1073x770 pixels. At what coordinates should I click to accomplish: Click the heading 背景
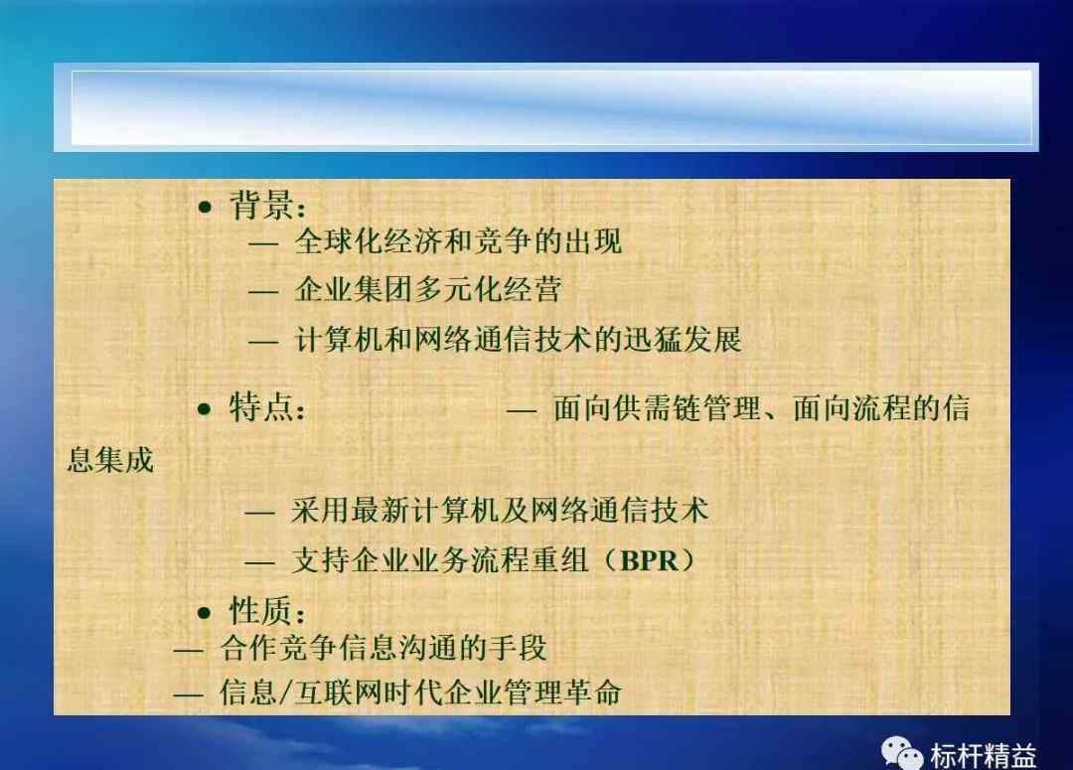coord(261,205)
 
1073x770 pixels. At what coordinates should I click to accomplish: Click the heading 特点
coord(261,408)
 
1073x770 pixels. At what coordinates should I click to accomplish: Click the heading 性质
coord(261,610)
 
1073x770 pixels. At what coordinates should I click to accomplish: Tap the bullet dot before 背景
coord(205,207)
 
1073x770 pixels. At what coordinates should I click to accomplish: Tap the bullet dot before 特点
coord(205,409)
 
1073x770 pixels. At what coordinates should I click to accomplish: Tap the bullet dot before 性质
coord(205,612)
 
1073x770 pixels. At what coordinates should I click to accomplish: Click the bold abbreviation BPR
coord(650,561)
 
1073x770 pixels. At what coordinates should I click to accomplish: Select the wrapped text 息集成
coord(111,460)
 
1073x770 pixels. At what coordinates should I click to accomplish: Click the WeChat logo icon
coord(902,753)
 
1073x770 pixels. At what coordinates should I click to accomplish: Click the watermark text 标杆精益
coord(983,756)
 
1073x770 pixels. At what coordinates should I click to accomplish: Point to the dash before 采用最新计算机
coord(260,513)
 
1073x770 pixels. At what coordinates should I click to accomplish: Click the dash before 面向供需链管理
coord(522,411)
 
